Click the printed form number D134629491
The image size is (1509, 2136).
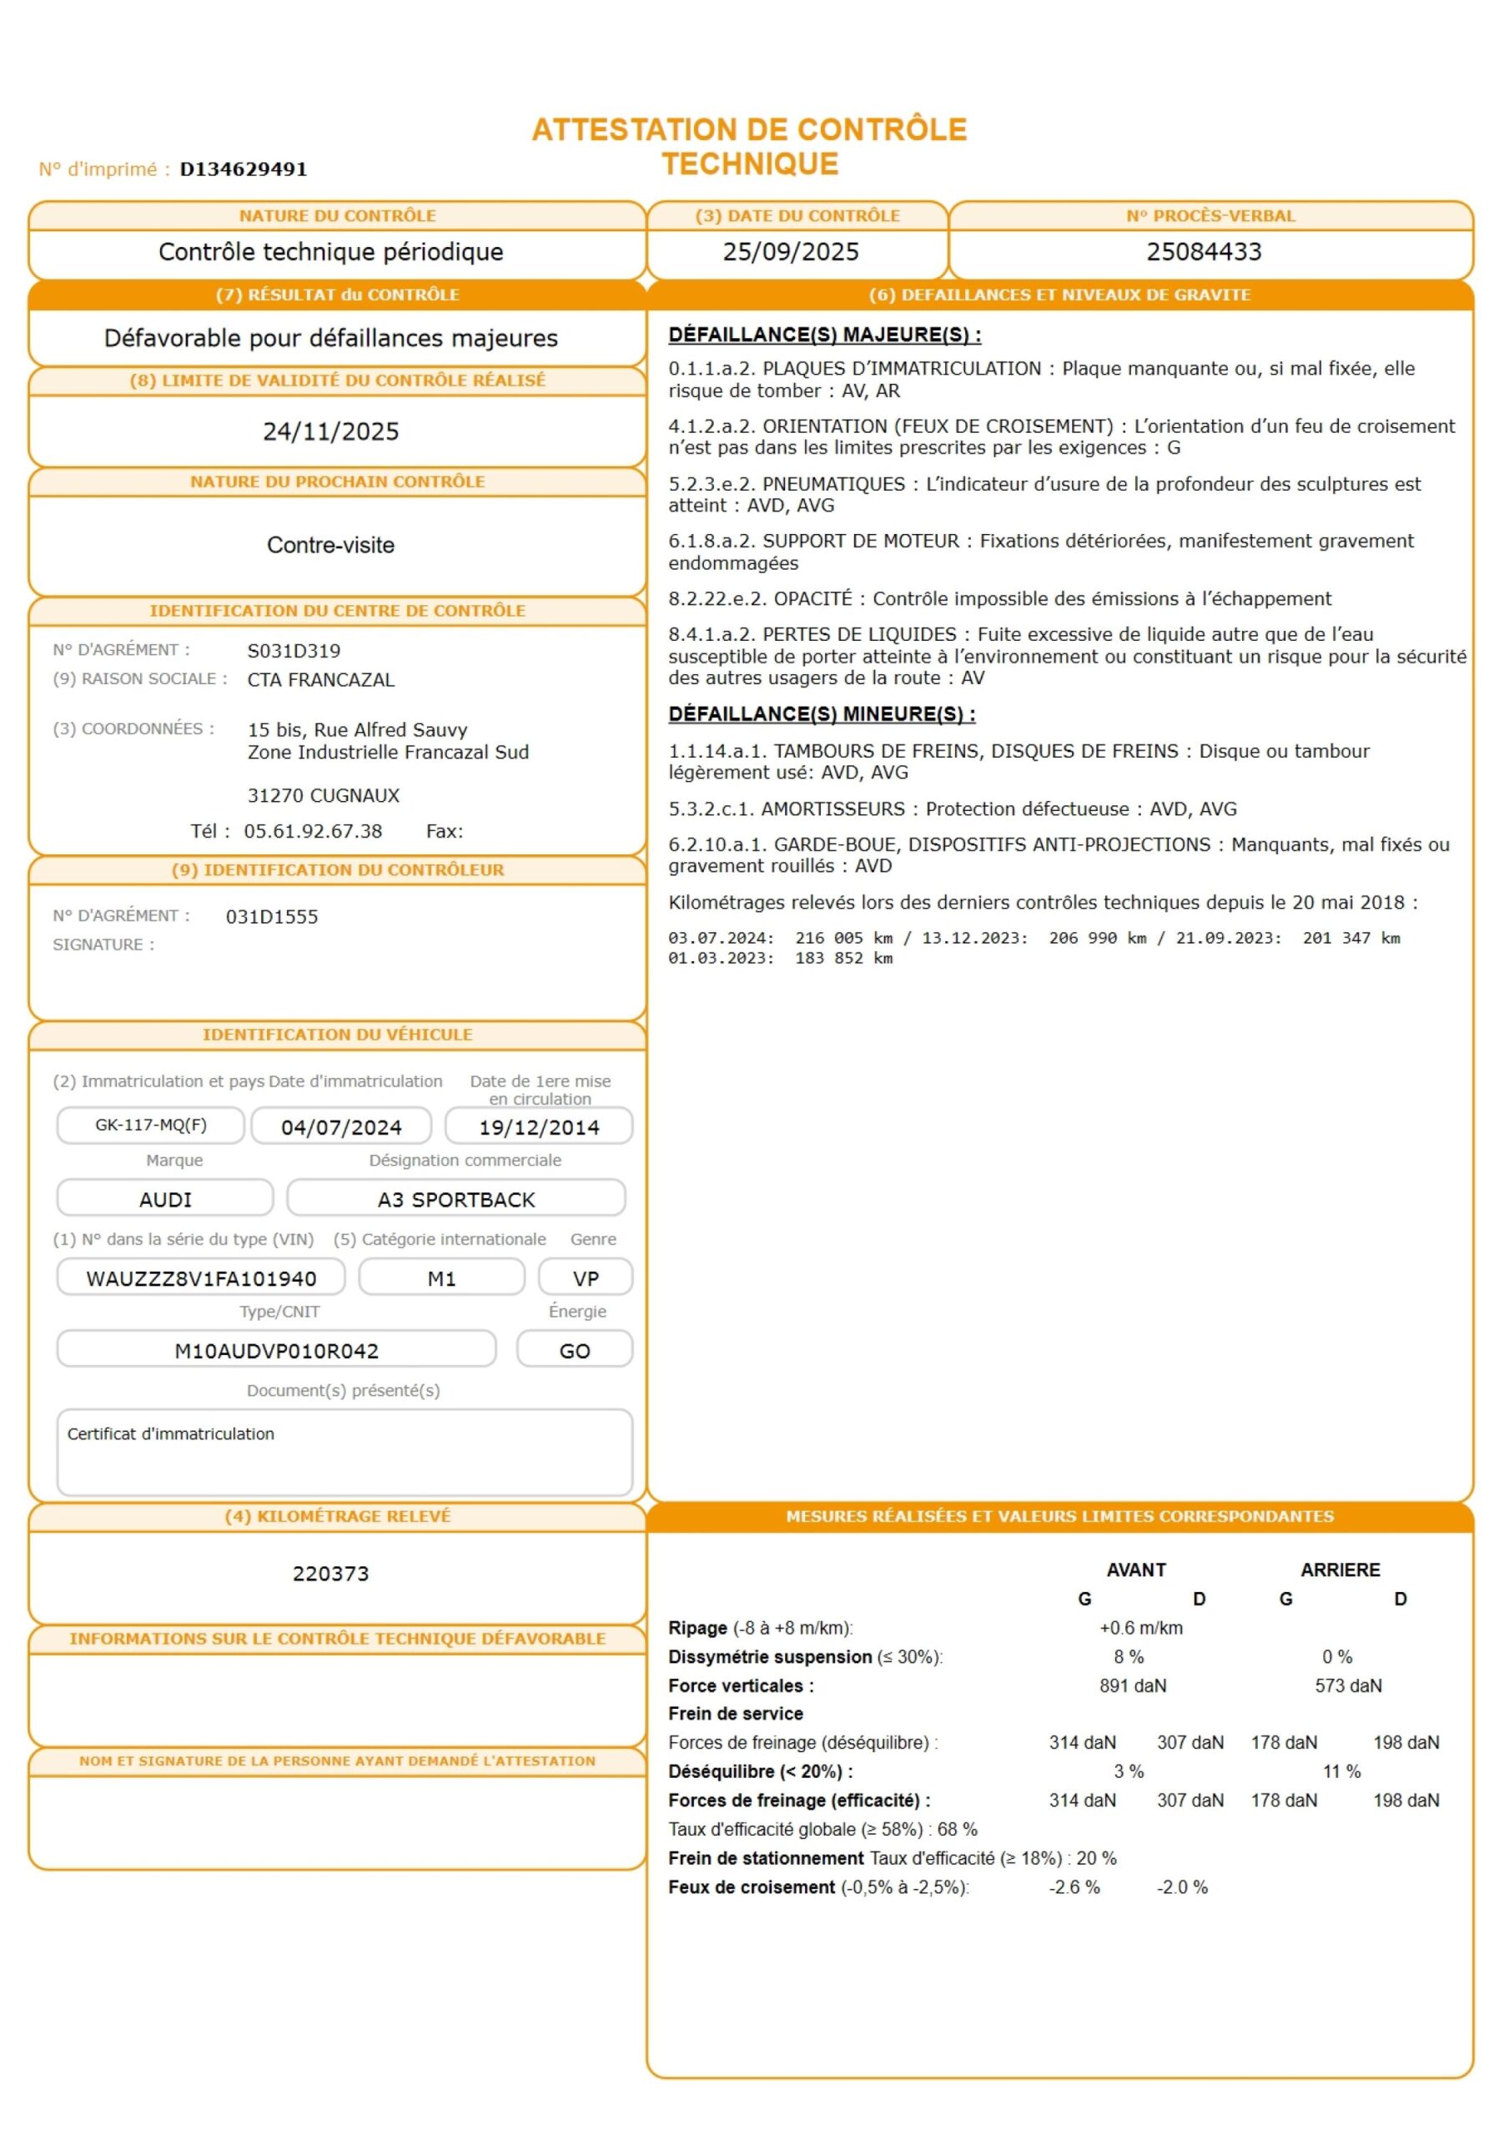243,169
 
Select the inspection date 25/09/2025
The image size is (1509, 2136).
791,252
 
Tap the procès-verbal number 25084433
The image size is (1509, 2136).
1204,252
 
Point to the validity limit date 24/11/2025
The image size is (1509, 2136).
330,431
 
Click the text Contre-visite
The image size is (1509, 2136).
330,545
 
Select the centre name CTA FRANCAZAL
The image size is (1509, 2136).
321,680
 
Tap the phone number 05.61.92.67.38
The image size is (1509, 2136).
313,831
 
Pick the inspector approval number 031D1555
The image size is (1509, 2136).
272,916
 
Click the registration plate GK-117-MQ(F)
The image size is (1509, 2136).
151,1125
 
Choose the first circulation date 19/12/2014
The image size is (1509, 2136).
539,1127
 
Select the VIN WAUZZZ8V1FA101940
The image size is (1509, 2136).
201,1278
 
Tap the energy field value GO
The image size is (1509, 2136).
574,1351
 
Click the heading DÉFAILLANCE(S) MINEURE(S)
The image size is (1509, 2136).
822,713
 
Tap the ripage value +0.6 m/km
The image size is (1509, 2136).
1140,1627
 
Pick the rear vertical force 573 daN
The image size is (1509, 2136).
1348,1685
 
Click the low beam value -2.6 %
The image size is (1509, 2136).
1074,1887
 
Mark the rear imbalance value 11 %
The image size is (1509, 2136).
1341,1771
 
